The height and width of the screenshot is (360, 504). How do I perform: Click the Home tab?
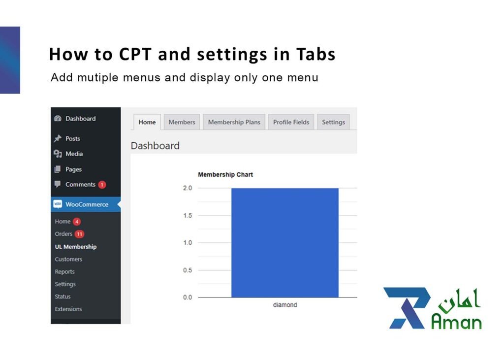147,122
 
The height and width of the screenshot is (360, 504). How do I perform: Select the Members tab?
182,122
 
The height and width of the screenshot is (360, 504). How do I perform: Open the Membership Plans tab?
234,122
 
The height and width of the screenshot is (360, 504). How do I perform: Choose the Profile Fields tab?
291,122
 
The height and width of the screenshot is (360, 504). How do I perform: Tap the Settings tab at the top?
333,122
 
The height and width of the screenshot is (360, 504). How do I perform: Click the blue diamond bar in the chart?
284,242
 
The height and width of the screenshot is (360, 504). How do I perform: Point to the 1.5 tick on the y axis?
188,216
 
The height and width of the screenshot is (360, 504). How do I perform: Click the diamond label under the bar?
285,305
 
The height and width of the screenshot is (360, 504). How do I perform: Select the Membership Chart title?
225,175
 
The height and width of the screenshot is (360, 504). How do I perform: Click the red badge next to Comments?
102,185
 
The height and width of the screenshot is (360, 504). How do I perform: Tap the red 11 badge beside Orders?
79,234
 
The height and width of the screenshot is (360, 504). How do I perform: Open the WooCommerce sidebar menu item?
86,204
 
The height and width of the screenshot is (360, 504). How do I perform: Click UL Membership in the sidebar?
75,247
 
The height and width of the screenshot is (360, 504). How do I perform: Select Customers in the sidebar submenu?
68,259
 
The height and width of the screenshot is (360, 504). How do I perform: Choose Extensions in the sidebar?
68,309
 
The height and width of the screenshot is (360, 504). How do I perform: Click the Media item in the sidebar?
74,154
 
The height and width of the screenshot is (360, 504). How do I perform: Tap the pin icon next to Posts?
58,139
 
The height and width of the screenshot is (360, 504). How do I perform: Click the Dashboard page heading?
155,146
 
